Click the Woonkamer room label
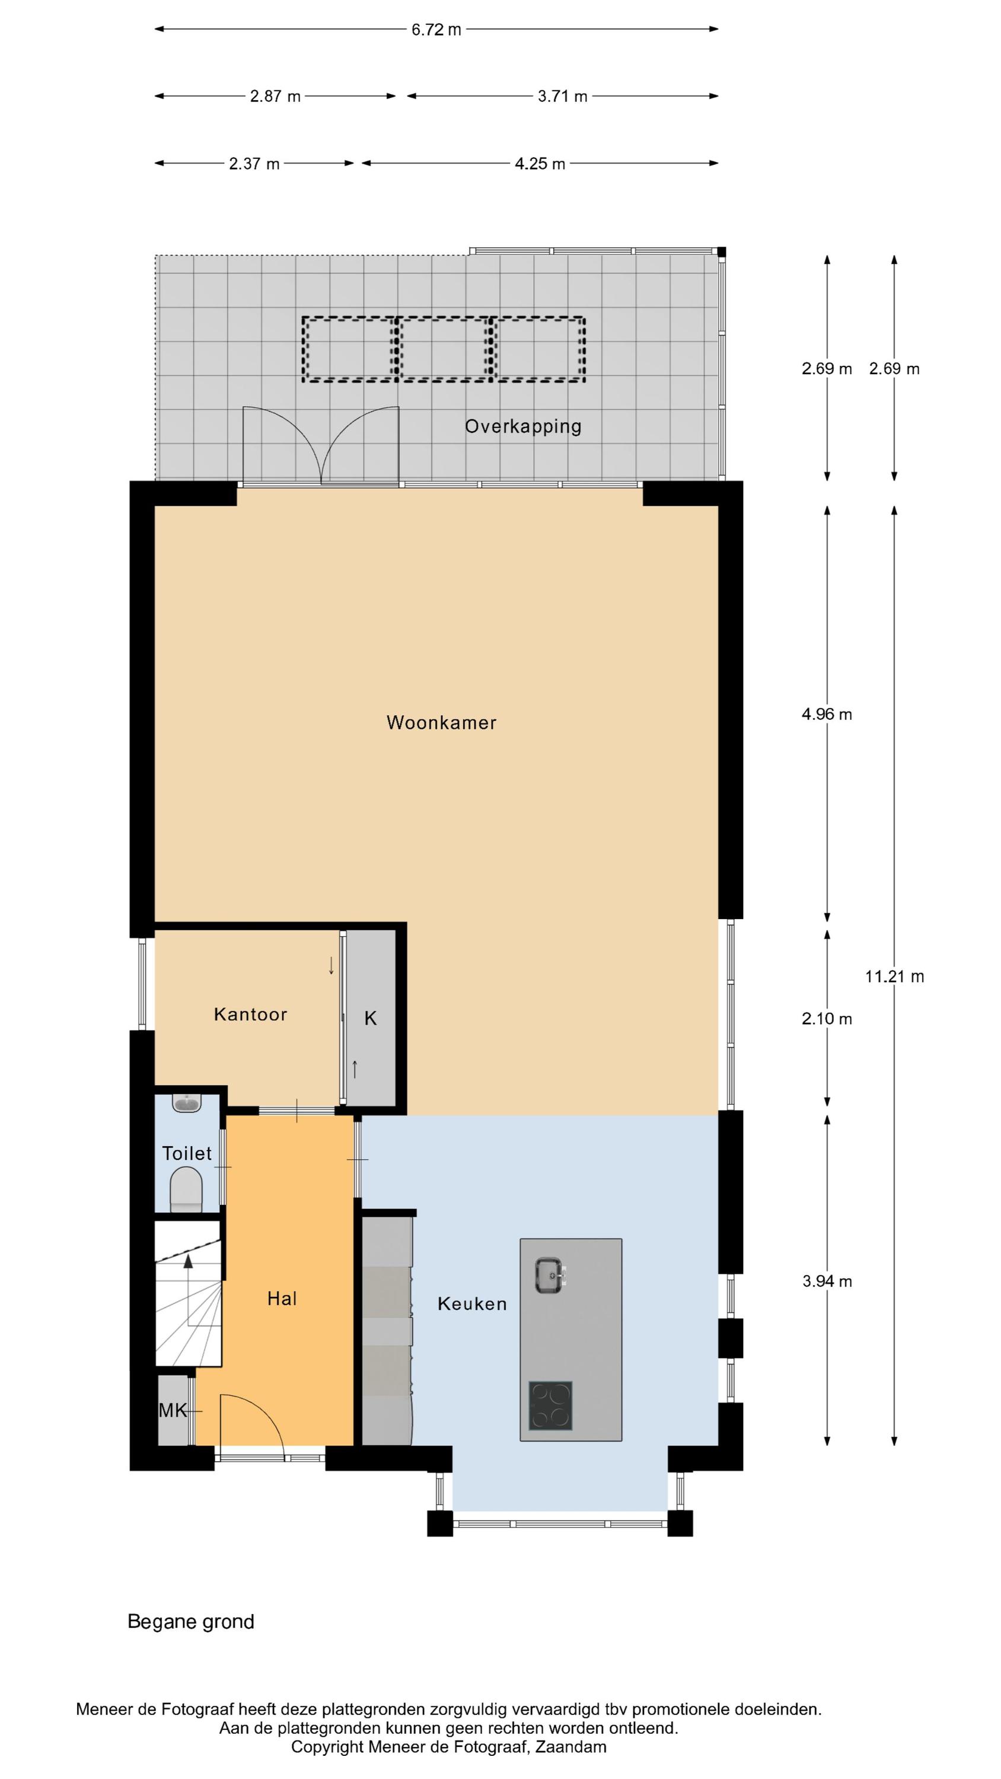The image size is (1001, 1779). [x=441, y=722]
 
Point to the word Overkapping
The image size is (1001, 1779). [x=523, y=427]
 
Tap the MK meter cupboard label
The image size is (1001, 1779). [x=173, y=1410]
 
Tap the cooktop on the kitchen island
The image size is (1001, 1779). [x=550, y=1405]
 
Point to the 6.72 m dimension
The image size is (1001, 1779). [x=436, y=30]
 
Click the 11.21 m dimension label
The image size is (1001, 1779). [x=895, y=976]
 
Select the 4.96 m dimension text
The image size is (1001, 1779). [x=827, y=714]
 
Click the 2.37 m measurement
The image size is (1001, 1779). [x=254, y=164]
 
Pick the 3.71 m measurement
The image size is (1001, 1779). [x=562, y=97]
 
